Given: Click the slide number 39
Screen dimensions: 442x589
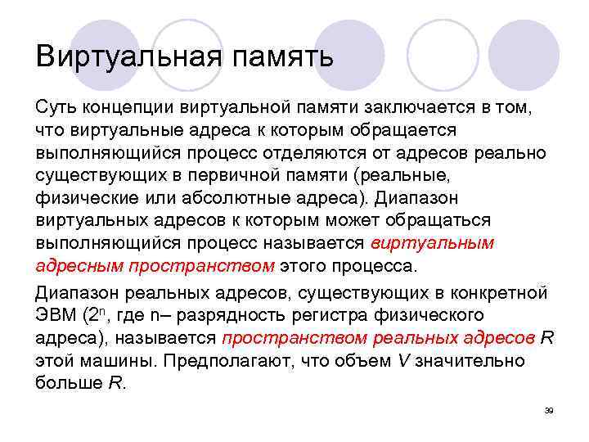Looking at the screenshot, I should (x=549, y=410).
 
